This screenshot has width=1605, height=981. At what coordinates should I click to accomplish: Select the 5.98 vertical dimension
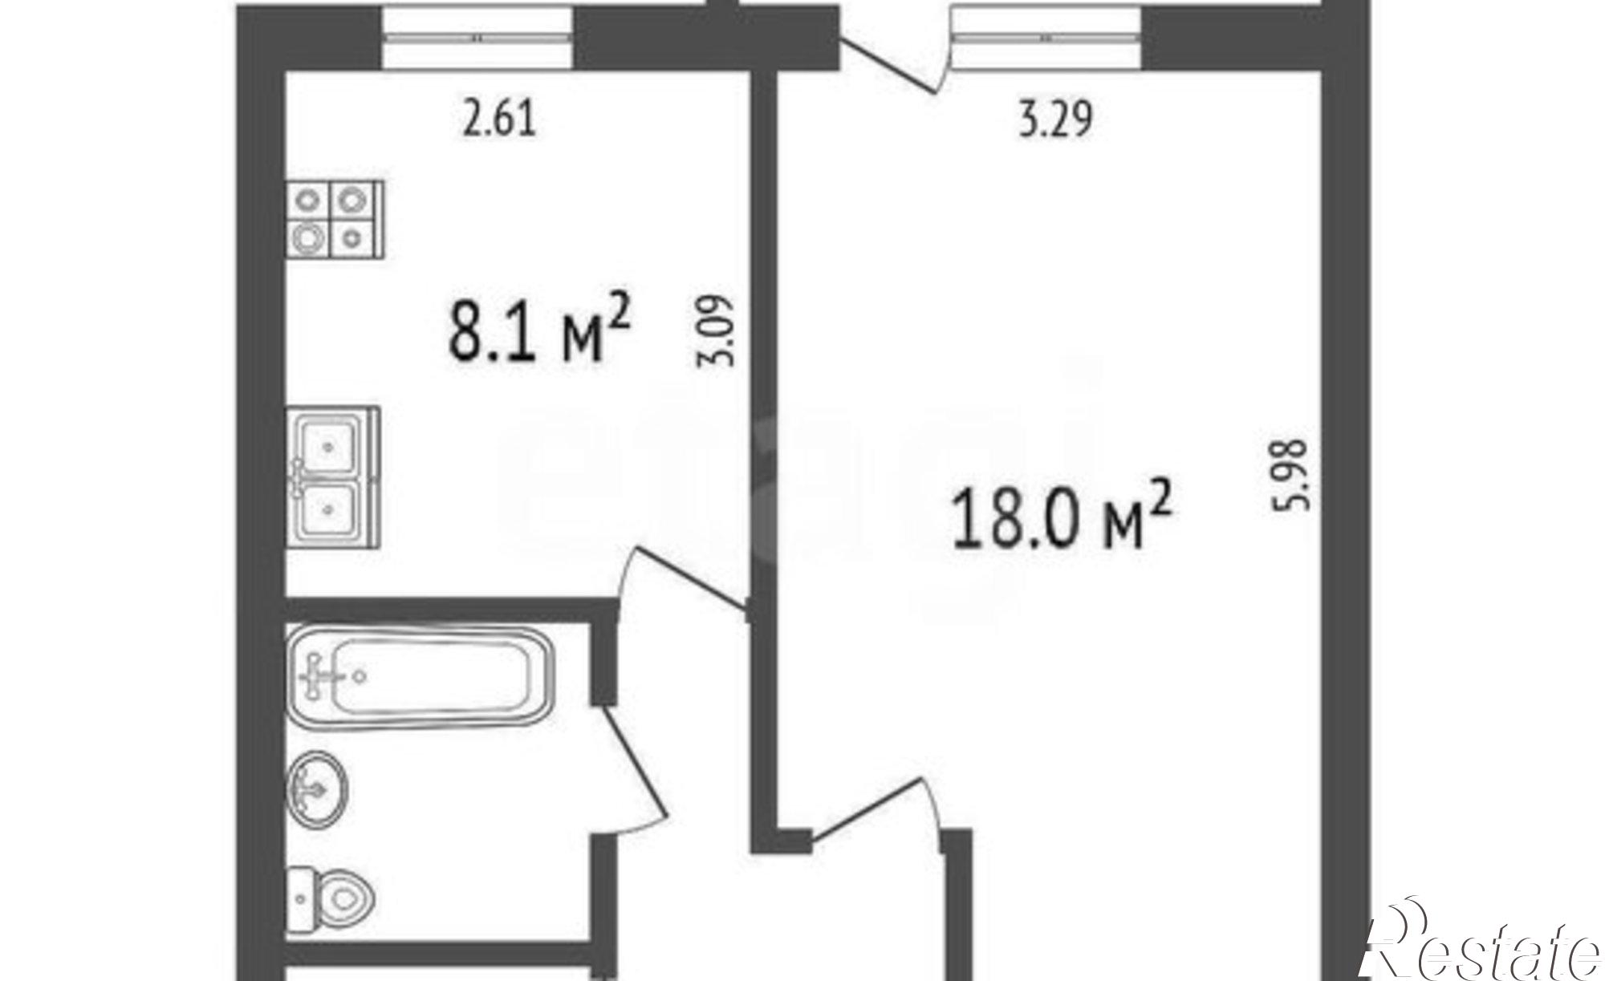click(x=1295, y=473)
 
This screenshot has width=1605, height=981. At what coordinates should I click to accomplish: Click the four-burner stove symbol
click(x=335, y=219)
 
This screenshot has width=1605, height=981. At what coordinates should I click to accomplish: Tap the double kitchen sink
click(x=333, y=477)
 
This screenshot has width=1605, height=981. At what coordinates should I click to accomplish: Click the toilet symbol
click(x=331, y=899)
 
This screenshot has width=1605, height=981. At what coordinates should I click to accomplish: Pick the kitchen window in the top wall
click(x=478, y=37)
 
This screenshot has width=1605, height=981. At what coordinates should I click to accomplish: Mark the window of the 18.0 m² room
click(x=1046, y=37)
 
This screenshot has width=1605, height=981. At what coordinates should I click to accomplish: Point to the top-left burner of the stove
click(x=309, y=199)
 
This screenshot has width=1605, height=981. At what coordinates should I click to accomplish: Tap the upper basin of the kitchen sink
click(x=328, y=445)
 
